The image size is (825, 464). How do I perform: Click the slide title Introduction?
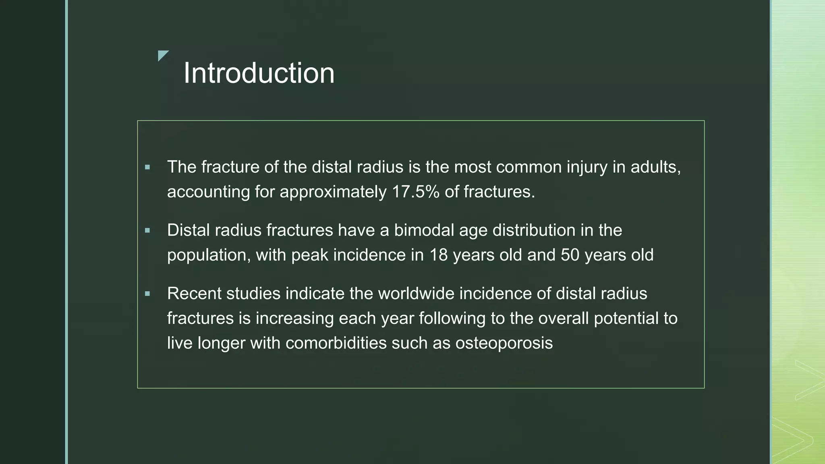pos(259,73)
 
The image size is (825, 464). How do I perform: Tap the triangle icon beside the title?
pos(162,55)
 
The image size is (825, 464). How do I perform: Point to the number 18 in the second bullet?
pos(438,255)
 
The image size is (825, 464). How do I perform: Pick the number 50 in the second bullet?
pos(570,255)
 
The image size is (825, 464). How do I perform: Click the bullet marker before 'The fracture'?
pos(147,167)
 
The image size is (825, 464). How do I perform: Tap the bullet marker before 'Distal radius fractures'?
pos(147,230)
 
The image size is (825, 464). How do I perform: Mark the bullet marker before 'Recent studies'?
pos(147,294)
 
